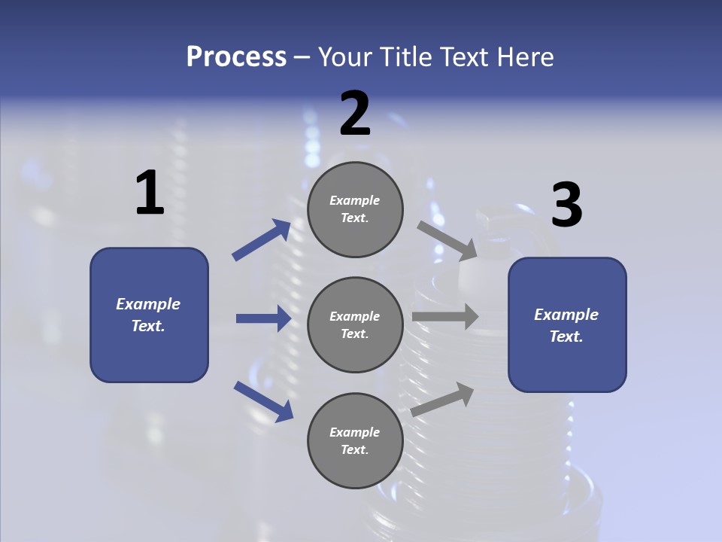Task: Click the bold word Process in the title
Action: click(x=236, y=57)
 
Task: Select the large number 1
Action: click(x=150, y=193)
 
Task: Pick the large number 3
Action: click(x=566, y=206)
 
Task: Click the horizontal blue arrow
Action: click(x=263, y=318)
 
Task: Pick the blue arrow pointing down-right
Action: click(x=263, y=400)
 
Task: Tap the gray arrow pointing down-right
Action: click(x=447, y=240)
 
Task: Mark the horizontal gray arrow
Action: click(x=445, y=317)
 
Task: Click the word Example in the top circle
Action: click(x=355, y=200)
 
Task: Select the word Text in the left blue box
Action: click(x=147, y=326)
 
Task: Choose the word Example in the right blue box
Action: click(x=566, y=315)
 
